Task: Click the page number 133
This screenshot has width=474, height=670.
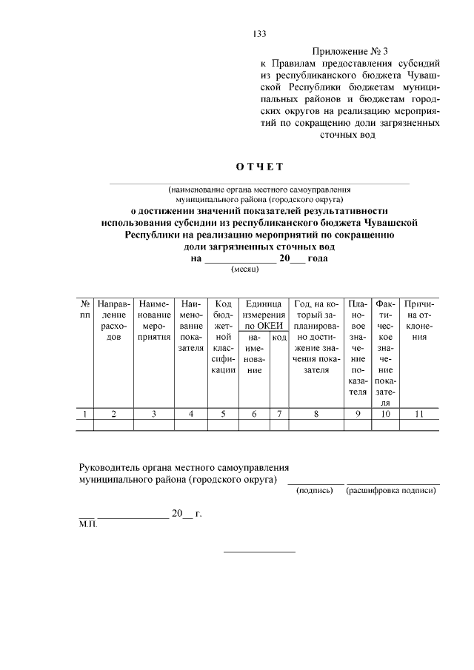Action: [x=259, y=34]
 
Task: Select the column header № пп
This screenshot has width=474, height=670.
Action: [x=86, y=309]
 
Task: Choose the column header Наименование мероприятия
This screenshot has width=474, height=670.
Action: [x=154, y=321]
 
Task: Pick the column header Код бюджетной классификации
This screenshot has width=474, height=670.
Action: [x=223, y=337]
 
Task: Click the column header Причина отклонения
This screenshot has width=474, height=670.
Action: [x=419, y=321]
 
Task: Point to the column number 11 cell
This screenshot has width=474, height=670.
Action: [x=419, y=414]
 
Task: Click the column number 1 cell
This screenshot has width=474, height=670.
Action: [x=86, y=414]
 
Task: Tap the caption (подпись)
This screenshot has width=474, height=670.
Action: [x=314, y=491]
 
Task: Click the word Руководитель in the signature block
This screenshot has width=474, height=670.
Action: [x=110, y=468]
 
